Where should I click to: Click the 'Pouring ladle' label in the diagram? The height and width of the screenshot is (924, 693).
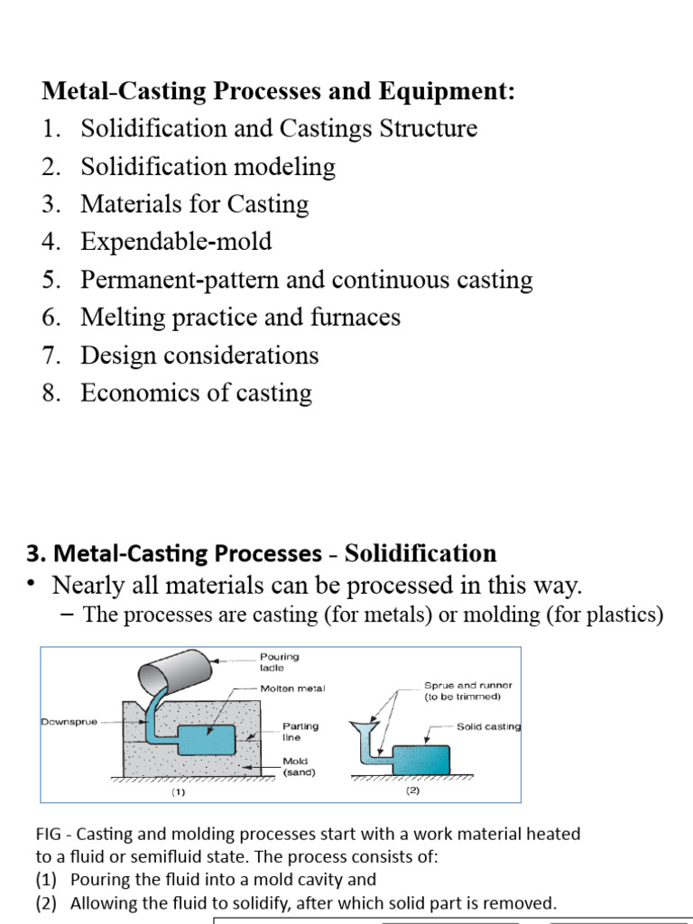[279, 662]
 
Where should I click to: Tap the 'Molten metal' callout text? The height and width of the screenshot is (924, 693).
[292, 688]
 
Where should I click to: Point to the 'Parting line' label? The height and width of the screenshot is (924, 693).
[300, 731]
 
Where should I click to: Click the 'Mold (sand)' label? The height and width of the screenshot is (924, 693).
[299, 767]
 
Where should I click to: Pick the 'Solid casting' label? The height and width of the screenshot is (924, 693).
[488, 726]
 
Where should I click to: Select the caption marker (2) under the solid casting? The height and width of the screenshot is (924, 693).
[413, 791]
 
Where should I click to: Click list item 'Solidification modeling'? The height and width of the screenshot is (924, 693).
[208, 167]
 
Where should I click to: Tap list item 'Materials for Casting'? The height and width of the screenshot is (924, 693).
[194, 205]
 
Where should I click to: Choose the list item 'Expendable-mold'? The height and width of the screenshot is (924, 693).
[176, 242]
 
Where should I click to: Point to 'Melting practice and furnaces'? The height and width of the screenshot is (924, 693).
[240, 318]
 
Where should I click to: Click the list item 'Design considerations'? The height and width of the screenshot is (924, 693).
[199, 356]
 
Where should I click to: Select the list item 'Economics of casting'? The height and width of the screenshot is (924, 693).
[196, 393]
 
